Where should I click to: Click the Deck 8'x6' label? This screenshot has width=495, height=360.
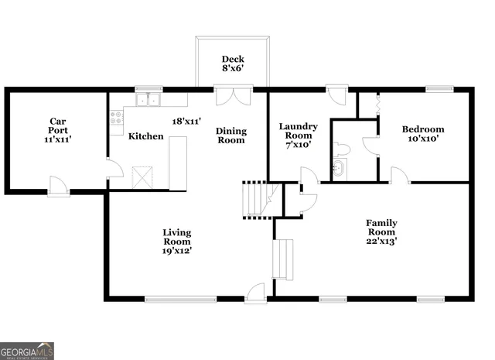pos(233,64)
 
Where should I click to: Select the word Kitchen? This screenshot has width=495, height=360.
pos(145,136)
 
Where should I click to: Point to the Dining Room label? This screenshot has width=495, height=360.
pos(230,135)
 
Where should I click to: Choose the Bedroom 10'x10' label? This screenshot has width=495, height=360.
pos(423,134)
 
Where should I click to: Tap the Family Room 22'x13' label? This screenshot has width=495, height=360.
pos(381,231)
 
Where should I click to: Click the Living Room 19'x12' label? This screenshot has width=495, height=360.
pos(176,241)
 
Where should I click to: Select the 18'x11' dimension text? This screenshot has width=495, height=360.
pos(186,122)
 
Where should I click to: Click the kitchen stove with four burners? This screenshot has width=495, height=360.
pos(116,118)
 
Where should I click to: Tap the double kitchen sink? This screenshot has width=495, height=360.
pos(145,99)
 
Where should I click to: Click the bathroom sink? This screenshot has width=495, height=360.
pos(339,167)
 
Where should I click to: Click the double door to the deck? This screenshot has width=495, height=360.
pos(233,97)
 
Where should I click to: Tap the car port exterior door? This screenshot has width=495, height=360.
pos(59,186)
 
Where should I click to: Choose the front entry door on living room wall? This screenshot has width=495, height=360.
pos(254,293)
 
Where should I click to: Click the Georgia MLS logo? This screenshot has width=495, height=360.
pos(27,351)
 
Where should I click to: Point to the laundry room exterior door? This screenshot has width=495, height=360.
pos(336,95)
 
